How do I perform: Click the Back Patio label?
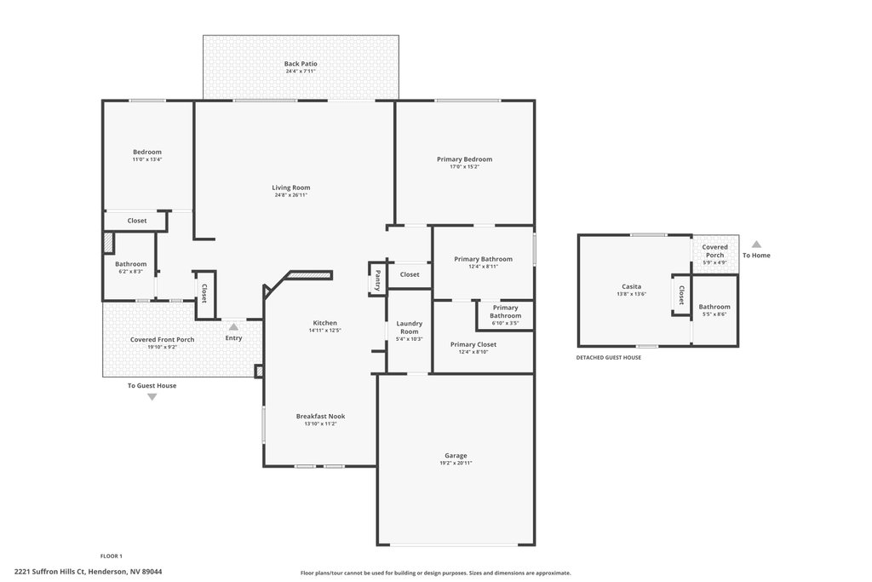pos(301,64)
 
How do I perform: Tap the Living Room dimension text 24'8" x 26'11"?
pos(291,195)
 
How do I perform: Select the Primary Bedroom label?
pos(464,159)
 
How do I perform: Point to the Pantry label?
pos(377,281)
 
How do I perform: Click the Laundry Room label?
pos(410,327)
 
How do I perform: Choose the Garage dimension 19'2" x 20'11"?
pos(456,463)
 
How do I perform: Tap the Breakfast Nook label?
pos(320,416)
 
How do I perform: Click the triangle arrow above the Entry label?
pos(233,326)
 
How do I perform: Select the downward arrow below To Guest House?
pos(152,397)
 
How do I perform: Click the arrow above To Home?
pos(756,245)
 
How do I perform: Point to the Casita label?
pos(631,286)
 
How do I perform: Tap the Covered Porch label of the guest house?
pos(714,251)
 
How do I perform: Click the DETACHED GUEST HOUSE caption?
pos(608,358)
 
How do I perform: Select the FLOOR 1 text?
pos(112,556)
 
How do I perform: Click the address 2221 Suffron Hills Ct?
pos(49,572)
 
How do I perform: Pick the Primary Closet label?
pos(473,344)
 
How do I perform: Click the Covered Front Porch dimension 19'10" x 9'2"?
pos(163,347)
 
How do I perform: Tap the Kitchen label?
pos(324,323)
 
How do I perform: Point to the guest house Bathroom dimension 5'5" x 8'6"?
pos(714,314)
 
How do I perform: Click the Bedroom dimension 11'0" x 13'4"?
pos(147,159)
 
